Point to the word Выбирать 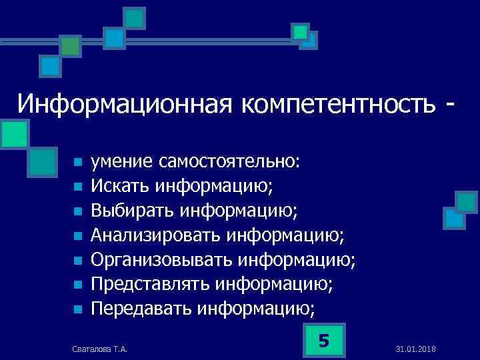coord(133,211)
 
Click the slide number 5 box coord(324,341)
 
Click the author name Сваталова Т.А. coord(99,349)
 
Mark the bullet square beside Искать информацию coord(78,187)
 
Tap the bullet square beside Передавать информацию coord(78,309)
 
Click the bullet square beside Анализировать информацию coord(78,235)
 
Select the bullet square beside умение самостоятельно coord(78,162)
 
